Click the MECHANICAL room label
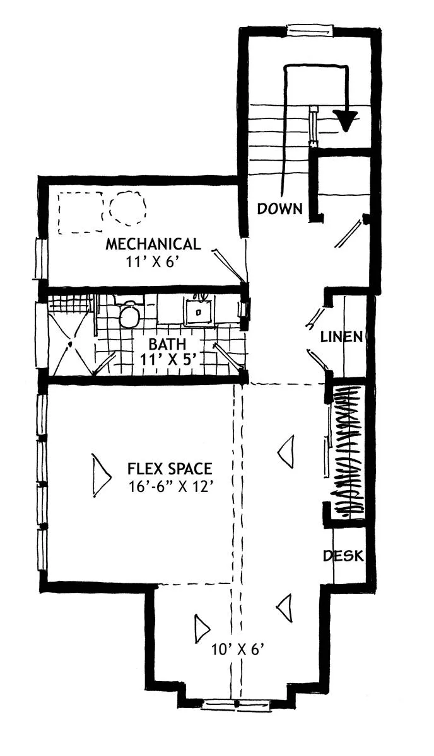pyautogui.click(x=153, y=244)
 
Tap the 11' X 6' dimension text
pyautogui.click(x=152, y=262)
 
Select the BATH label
pyautogui.click(x=168, y=344)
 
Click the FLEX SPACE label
pyautogui.click(x=170, y=469)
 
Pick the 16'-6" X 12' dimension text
pyautogui.click(x=172, y=486)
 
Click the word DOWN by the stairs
pyautogui.click(x=279, y=209)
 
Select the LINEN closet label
pyautogui.click(x=341, y=337)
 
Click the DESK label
pyautogui.click(x=343, y=556)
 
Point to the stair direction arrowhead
pyautogui.click(x=346, y=120)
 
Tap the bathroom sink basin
pyautogui.click(x=198, y=311)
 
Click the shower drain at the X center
pyautogui.click(x=70, y=344)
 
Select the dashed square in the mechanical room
pyautogui.click(x=81, y=213)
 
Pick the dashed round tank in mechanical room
pyautogui.click(x=128, y=208)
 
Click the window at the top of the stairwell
pyautogui.click(x=308, y=30)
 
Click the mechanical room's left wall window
pyautogui.click(x=41, y=258)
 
